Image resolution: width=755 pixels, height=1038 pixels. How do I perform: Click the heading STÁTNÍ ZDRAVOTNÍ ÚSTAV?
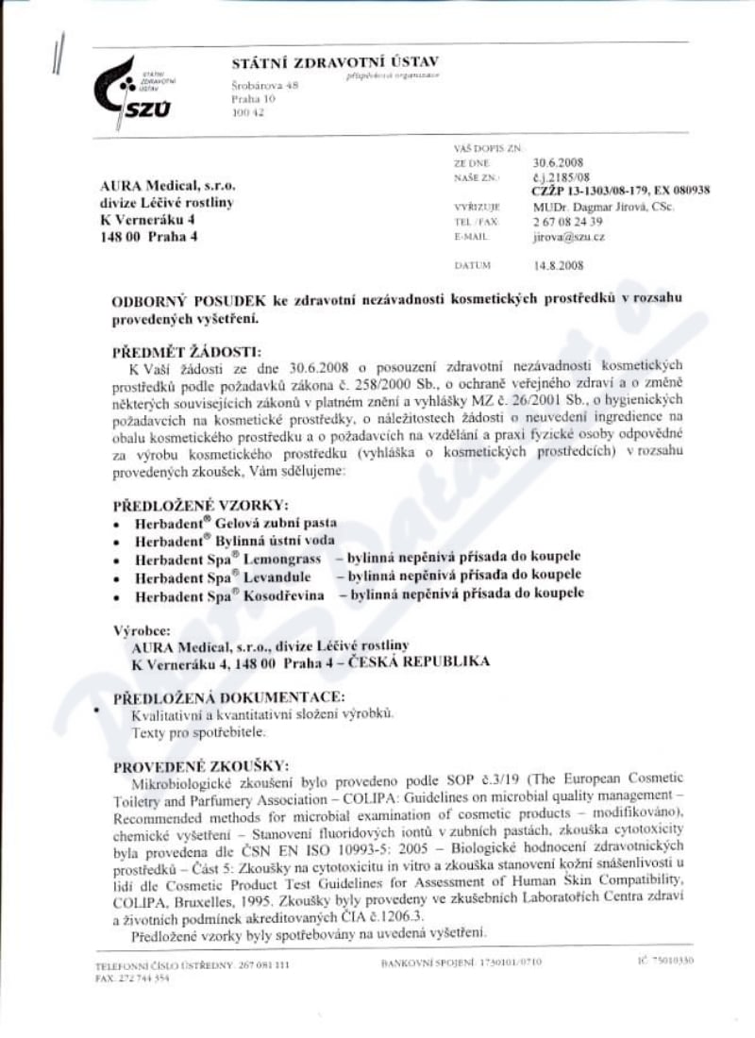pos(335,62)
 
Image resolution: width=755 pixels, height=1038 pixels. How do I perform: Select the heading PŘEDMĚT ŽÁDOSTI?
pos(183,350)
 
